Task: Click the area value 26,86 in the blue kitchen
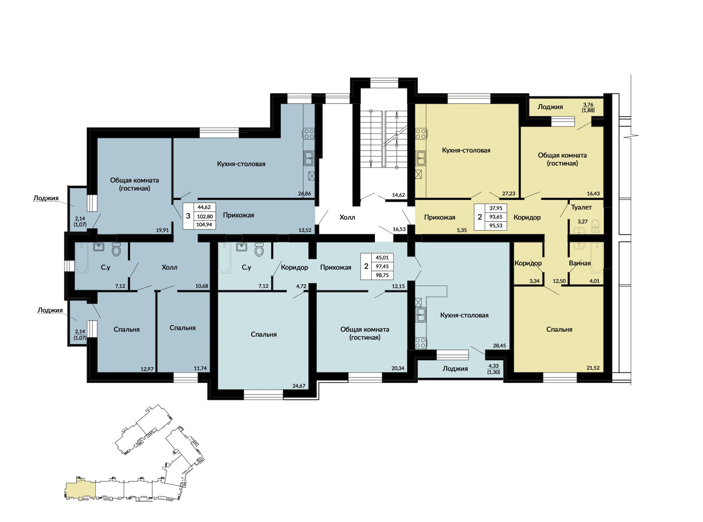[305, 194]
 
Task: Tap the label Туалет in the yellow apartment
[581, 207]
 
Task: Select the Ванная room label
[580, 263]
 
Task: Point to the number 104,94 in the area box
[204, 225]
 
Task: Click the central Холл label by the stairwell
[347, 217]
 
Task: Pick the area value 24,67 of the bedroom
[299, 386]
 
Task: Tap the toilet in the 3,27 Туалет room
[595, 226]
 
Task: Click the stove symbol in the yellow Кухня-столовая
[421, 134]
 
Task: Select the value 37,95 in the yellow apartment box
[496, 208]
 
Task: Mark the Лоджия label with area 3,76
[550, 107]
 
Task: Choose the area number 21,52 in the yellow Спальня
[593, 368]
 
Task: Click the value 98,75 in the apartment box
[382, 275]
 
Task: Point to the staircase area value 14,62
[398, 195]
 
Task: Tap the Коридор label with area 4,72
[294, 267]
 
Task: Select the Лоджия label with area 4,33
[455, 369]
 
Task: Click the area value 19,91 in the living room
[163, 230]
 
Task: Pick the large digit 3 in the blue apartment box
[188, 216]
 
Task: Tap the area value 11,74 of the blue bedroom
[200, 368]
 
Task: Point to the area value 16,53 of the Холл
[399, 229]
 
